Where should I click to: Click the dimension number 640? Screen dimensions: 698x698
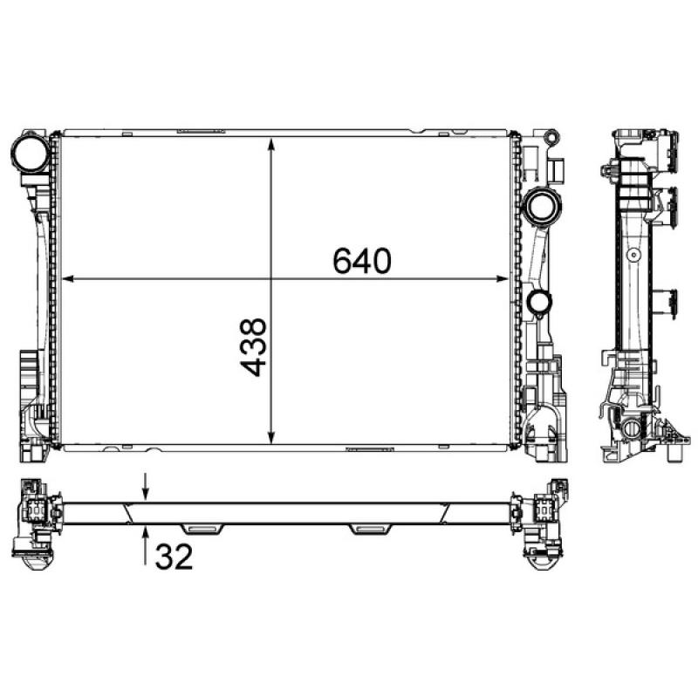[359, 260]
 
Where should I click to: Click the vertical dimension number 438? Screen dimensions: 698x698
[253, 347]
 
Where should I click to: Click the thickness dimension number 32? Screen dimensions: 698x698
[174, 556]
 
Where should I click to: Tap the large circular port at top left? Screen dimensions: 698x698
[31, 154]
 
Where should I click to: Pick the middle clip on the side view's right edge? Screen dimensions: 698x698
[671, 207]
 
